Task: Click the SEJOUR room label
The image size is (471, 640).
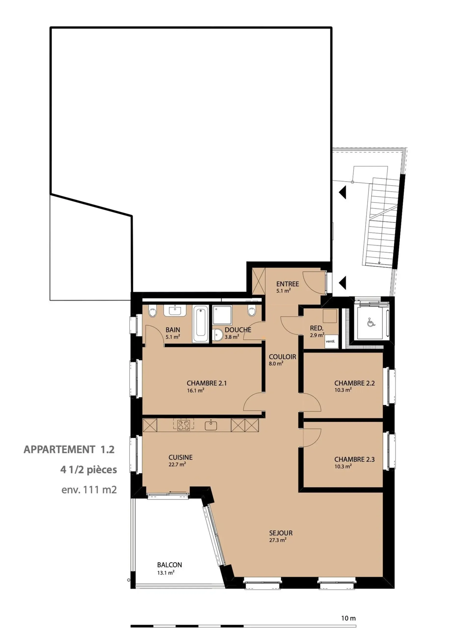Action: click(281, 533)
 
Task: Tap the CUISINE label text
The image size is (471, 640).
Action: click(181, 457)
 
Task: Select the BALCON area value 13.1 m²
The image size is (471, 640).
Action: click(166, 572)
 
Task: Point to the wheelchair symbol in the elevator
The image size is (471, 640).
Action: click(371, 322)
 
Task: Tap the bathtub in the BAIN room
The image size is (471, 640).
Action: click(201, 324)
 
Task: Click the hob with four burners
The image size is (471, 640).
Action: click(183, 433)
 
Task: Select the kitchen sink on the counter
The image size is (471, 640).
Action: click(211, 433)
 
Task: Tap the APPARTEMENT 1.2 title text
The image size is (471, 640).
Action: click(69, 450)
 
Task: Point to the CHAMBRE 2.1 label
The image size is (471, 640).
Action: click(207, 383)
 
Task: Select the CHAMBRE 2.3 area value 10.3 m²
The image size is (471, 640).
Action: click(343, 466)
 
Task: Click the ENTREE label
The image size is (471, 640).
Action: click(288, 284)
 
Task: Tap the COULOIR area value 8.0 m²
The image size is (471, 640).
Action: click(276, 364)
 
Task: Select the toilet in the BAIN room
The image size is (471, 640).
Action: click(153, 311)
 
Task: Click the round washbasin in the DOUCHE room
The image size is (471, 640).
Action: click(218, 335)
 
